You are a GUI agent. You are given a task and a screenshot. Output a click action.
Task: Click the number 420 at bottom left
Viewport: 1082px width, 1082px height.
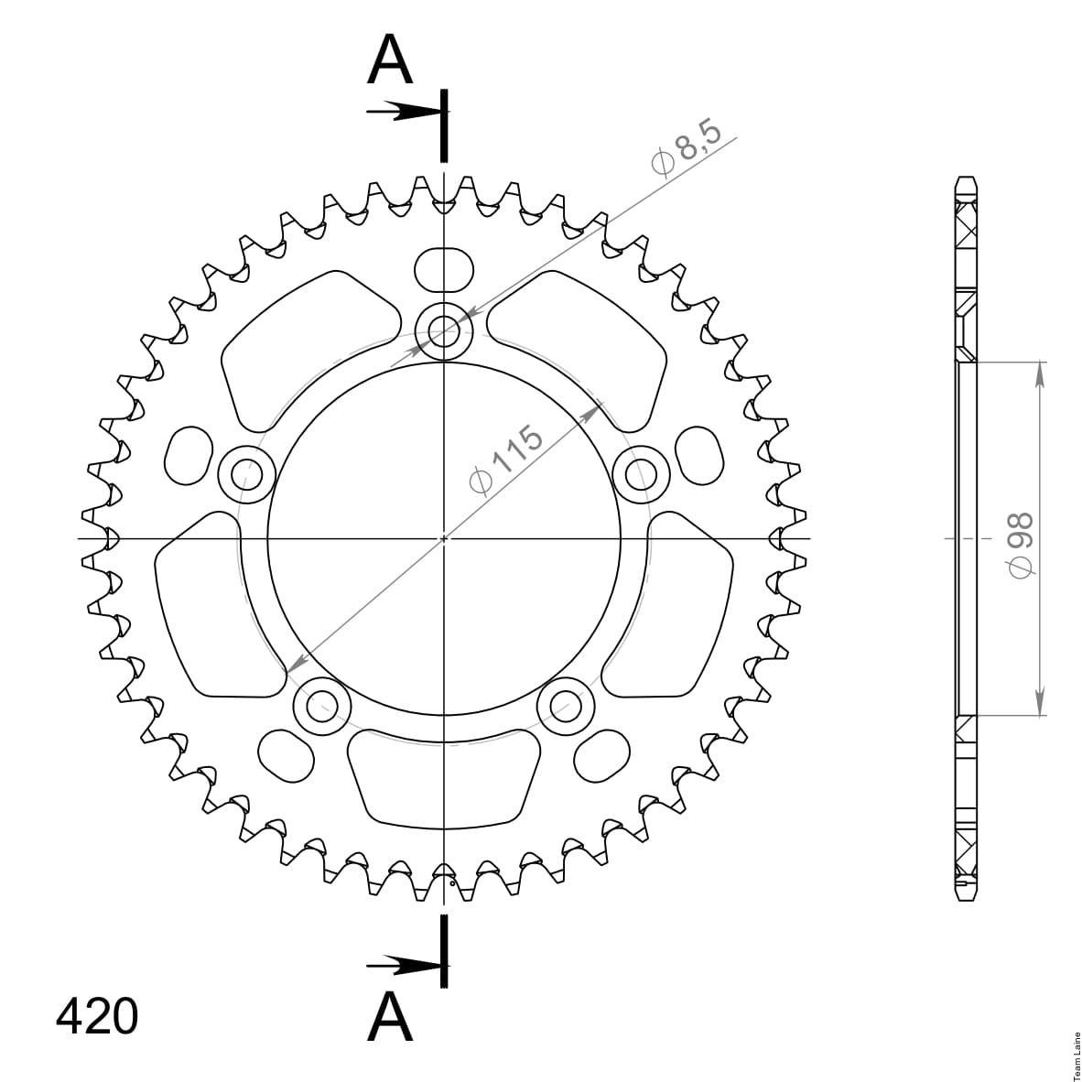[97, 1016]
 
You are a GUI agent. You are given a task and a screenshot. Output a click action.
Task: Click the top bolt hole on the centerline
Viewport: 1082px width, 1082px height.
[444, 331]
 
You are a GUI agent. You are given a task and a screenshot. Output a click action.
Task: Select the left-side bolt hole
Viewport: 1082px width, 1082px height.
[246, 475]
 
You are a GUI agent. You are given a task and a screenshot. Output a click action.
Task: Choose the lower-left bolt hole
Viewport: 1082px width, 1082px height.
[322, 706]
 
